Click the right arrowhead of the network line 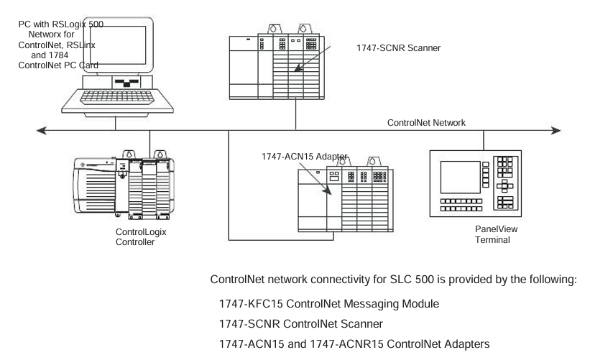pos(556,131)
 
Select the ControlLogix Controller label pos(136,237)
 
